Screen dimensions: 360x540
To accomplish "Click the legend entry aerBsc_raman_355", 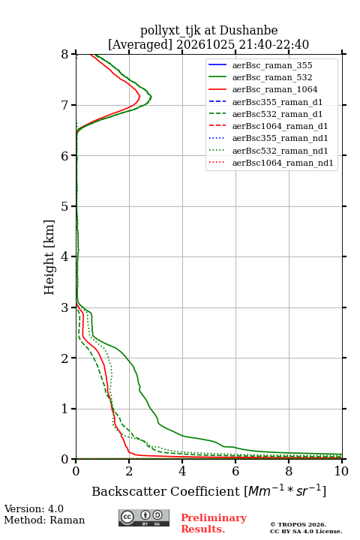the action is pyautogui.click(x=272, y=65).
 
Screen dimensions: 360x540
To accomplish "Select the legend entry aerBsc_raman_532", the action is pyautogui.click(x=272, y=77).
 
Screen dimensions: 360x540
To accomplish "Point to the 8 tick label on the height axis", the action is pyautogui.click(x=65, y=55).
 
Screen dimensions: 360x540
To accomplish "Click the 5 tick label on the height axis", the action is pyautogui.click(x=65, y=206).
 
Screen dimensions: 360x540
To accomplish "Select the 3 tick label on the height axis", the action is pyautogui.click(x=65, y=307).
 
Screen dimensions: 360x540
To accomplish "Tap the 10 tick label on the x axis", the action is pyautogui.click(x=341, y=471).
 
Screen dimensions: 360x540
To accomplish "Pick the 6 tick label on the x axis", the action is pyautogui.click(x=235, y=471).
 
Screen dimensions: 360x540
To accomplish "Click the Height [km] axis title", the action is pyautogui.click(x=49, y=257).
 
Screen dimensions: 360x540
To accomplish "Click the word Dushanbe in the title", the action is pyautogui.click(x=248, y=31).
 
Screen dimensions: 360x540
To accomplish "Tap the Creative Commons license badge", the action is pyautogui.click(x=144, y=518).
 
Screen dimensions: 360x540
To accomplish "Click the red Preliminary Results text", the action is pyautogui.click(x=214, y=523).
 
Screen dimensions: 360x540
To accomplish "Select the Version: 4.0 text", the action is pyautogui.click(x=34, y=508).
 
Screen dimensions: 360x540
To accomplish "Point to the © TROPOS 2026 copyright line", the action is pyautogui.click(x=298, y=524).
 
